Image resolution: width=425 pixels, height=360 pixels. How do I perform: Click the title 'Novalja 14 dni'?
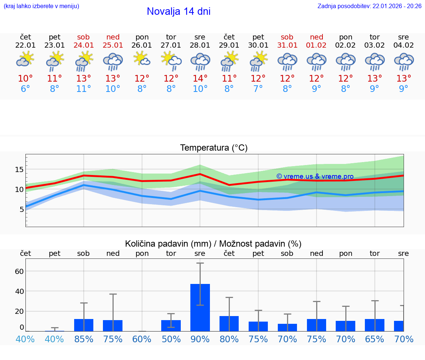coord(179,11)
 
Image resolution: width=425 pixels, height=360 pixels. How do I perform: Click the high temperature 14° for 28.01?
coord(200,79)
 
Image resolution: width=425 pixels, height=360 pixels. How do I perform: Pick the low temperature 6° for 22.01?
coord(25,89)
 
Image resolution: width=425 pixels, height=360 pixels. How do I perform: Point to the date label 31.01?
coord(287,45)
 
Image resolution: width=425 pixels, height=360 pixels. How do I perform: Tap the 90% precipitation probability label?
coord(200,339)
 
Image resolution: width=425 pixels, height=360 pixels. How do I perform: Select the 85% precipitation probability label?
coord(84,339)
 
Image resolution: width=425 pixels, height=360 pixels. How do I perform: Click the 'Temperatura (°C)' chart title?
coord(214,148)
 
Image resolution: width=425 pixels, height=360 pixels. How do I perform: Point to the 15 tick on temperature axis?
coord(19,169)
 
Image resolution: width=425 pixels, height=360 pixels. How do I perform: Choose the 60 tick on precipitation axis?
coord(19,271)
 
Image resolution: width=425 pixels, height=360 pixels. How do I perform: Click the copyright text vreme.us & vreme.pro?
coord(315,176)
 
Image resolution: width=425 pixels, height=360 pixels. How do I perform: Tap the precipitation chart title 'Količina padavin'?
coord(213,244)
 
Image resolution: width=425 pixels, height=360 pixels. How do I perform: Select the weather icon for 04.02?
coord(404,61)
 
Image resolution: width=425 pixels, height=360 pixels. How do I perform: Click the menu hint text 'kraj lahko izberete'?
coord(41,6)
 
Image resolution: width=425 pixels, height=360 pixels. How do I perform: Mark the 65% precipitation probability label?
coord(374,339)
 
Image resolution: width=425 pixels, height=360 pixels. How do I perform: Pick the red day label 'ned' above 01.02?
coord(316,37)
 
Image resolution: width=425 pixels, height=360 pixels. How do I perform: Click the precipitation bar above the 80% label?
coord(229,323)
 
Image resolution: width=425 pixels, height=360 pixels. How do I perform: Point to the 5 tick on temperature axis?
coord(21,209)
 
